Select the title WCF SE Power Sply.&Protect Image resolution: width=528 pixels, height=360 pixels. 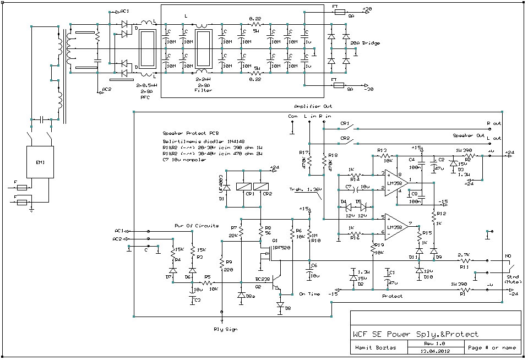[x=416, y=334]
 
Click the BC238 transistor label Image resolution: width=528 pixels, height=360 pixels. [x=263, y=280]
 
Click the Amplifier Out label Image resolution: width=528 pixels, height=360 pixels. [x=313, y=106]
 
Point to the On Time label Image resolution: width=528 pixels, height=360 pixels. [x=309, y=294]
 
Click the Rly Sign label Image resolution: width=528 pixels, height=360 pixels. [x=225, y=329]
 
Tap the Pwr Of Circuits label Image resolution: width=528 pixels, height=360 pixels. [x=197, y=226]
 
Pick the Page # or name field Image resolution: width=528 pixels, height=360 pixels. [x=491, y=347]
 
